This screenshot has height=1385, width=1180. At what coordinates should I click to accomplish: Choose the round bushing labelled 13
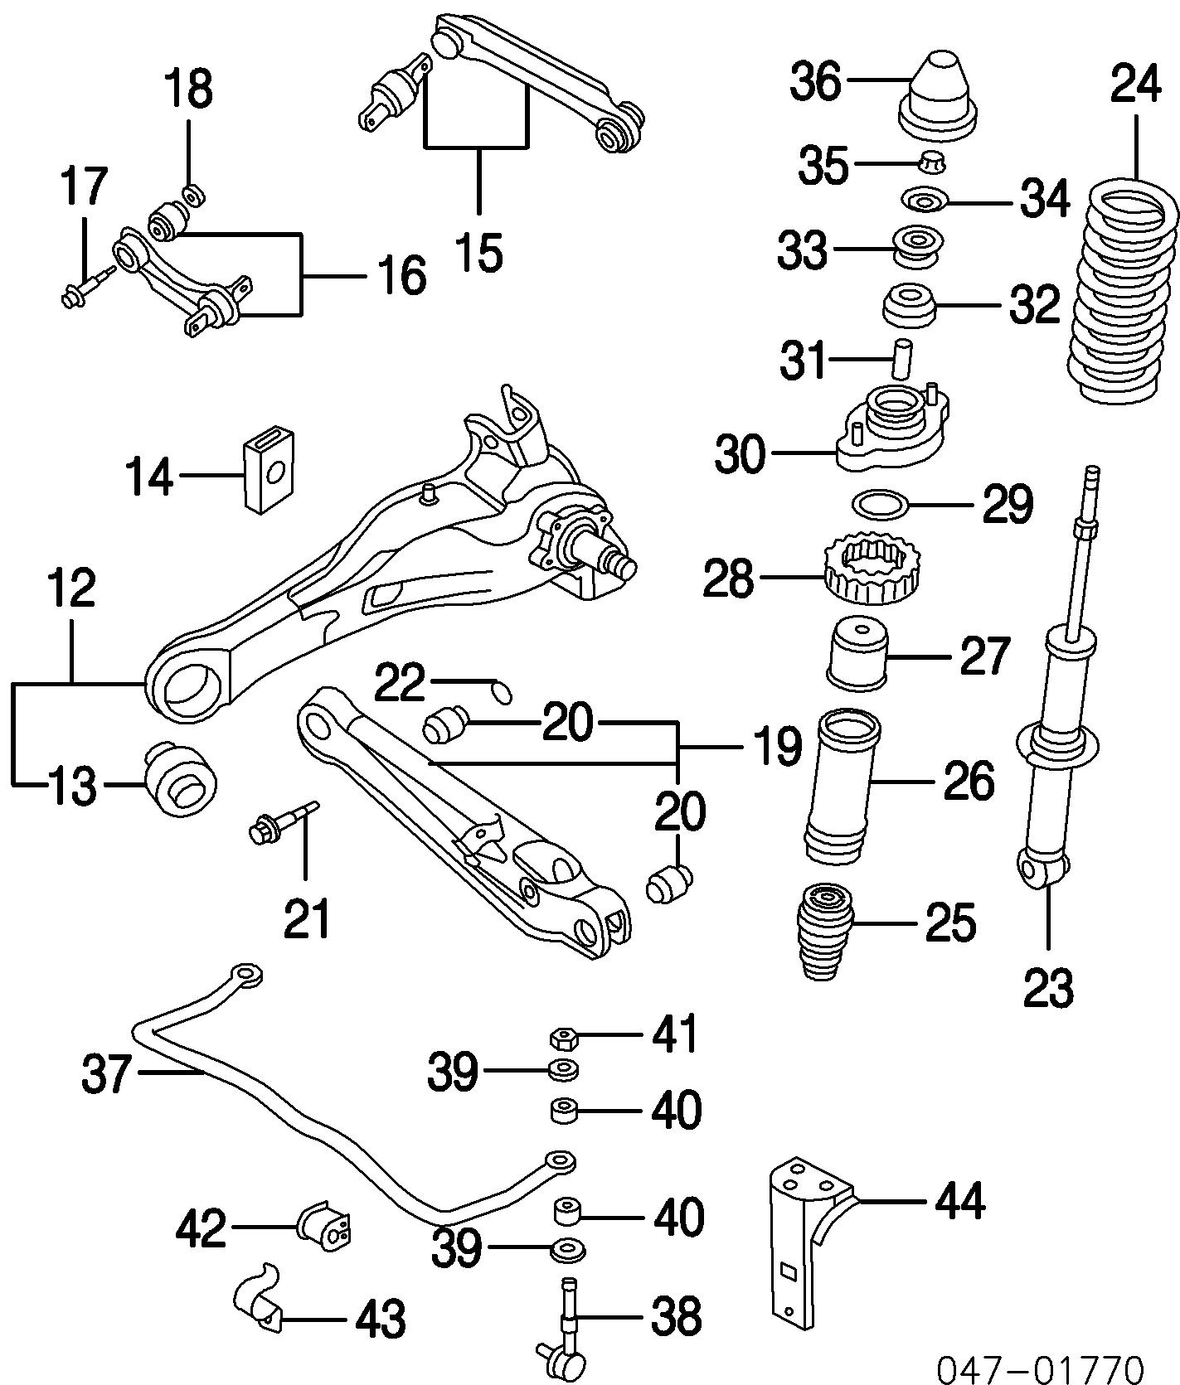coord(181,778)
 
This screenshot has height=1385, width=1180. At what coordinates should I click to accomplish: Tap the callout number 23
coord(1048,986)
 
